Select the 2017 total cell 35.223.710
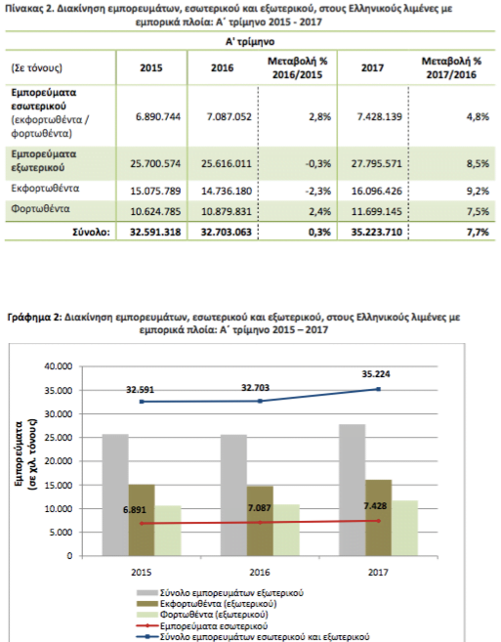377,233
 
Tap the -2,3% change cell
318,191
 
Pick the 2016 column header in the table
223,68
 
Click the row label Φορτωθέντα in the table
40,209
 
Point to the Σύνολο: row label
91,233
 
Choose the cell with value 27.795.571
377,164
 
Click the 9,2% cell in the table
478,191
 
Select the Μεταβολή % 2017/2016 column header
451,68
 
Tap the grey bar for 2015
115,494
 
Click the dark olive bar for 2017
379,518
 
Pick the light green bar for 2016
286,530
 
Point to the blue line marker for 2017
379,389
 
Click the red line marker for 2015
142,523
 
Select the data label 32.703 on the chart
256,387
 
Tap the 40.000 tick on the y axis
59,366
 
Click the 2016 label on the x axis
260,572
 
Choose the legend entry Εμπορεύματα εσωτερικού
202,626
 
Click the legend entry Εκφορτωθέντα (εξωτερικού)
207,604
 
